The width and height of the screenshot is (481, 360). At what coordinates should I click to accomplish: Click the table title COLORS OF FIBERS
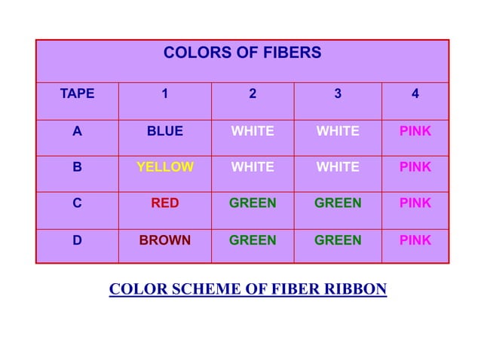tap(242, 53)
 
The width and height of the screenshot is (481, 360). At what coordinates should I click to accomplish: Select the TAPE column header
tap(77, 94)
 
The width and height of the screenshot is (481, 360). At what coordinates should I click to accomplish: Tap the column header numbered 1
tap(164, 94)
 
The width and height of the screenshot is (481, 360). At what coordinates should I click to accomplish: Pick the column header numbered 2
tap(253, 94)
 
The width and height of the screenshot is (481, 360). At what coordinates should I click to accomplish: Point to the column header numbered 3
tap(338, 94)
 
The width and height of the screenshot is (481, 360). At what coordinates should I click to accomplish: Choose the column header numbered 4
tap(415, 94)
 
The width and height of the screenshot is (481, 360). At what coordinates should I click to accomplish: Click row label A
tap(77, 131)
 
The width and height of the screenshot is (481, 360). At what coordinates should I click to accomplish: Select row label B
tap(77, 167)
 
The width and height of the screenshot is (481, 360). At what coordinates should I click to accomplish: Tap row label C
tap(77, 203)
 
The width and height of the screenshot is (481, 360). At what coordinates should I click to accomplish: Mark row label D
tap(77, 240)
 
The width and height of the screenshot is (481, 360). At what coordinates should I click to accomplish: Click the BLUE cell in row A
tap(164, 131)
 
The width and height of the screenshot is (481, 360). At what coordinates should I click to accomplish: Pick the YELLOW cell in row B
tap(164, 167)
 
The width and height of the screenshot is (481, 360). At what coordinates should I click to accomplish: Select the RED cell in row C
tap(164, 203)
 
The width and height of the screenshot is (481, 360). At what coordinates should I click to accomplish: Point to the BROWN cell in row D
tap(164, 240)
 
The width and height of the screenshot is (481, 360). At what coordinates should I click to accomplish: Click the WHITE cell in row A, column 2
tap(253, 131)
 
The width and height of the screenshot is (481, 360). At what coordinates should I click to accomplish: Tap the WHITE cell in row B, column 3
tap(338, 167)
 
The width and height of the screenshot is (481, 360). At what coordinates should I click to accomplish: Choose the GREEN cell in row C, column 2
tap(253, 203)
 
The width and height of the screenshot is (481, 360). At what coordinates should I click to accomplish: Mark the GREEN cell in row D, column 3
tap(338, 240)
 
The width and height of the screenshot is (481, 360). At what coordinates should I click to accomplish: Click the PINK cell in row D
tap(415, 240)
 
